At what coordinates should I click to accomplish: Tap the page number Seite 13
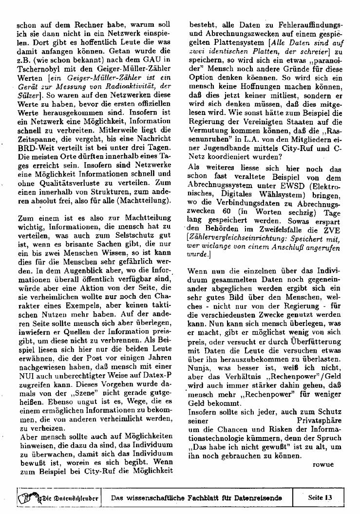click(320, 498)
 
